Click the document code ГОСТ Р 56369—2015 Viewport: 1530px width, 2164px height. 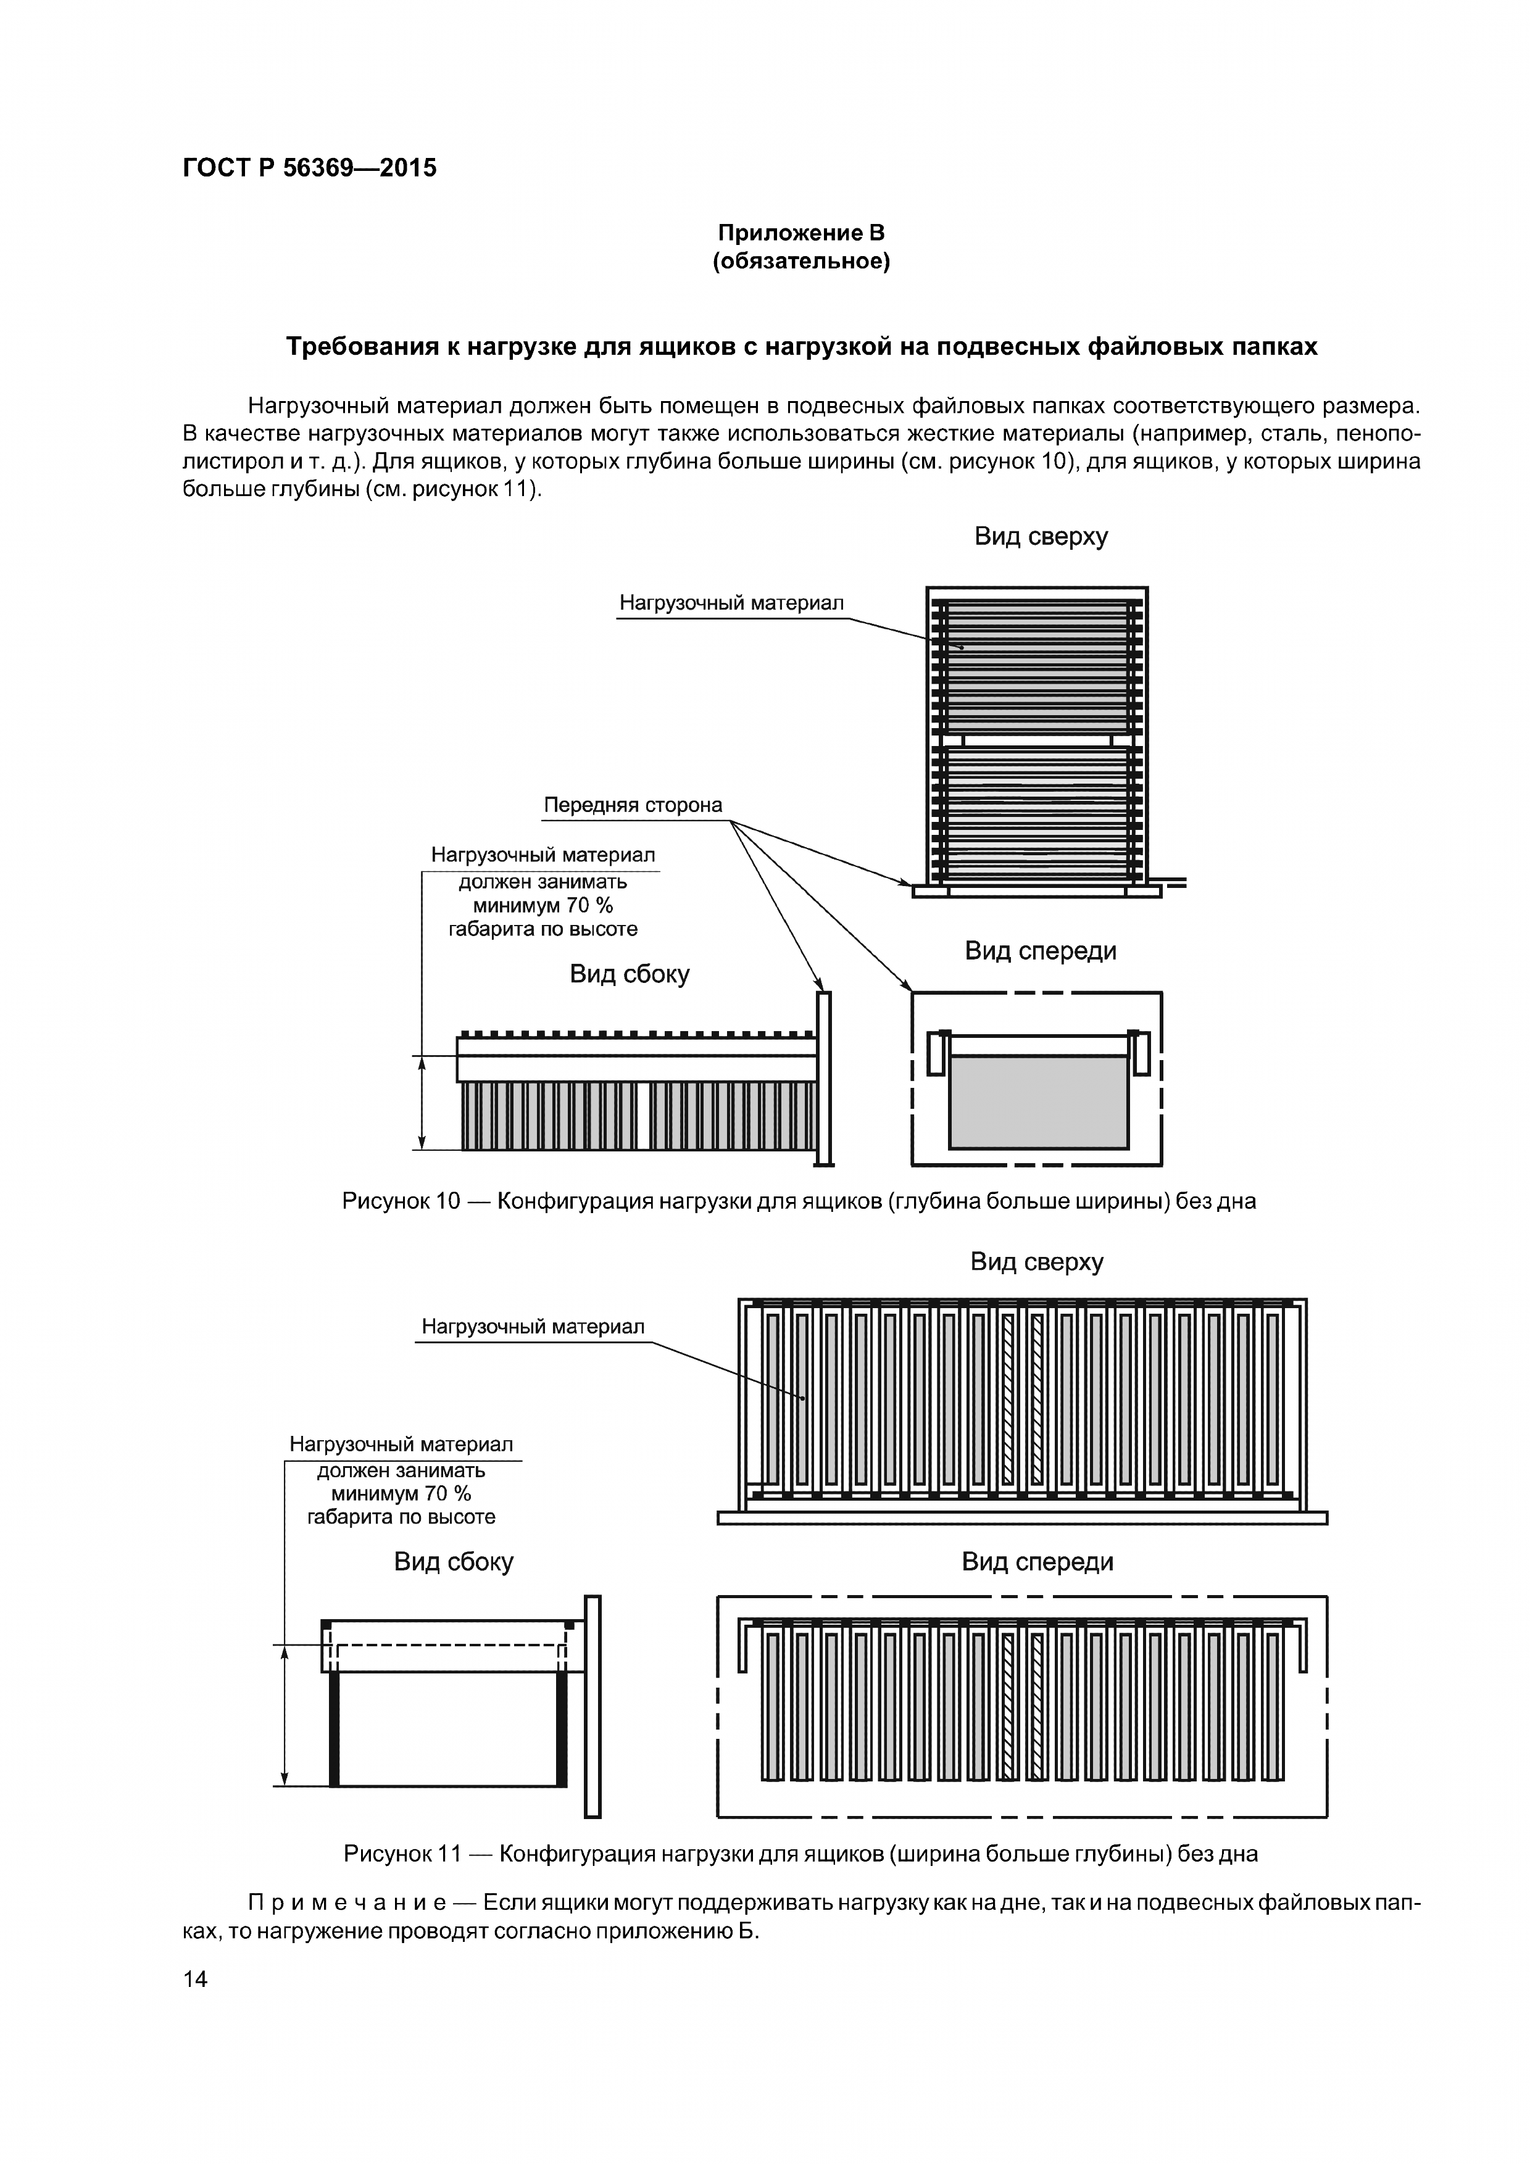(x=309, y=168)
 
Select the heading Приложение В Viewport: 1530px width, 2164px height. (x=801, y=233)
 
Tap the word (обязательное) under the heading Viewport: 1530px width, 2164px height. (x=801, y=261)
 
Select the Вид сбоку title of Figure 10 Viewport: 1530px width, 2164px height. (x=629, y=974)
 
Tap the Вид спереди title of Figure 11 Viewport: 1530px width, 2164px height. (x=1037, y=1562)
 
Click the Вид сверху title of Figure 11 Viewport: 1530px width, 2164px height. (x=1036, y=1262)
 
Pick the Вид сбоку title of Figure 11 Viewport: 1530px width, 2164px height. (x=454, y=1562)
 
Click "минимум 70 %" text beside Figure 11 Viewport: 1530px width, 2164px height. (x=401, y=1494)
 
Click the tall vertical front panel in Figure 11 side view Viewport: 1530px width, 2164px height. (x=592, y=1706)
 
